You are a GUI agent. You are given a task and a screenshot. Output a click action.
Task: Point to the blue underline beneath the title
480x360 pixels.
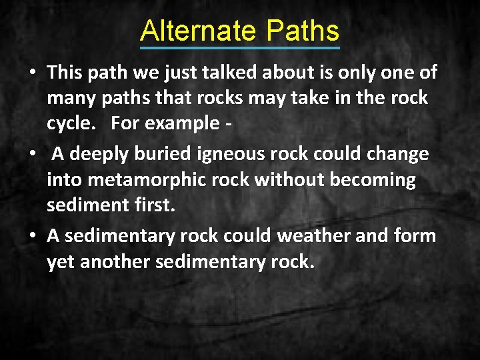(x=240, y=47)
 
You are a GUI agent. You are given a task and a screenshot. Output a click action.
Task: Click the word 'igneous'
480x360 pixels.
(x=229, y=154)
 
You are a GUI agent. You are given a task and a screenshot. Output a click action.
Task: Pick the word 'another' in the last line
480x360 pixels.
(x=115, y=262)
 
